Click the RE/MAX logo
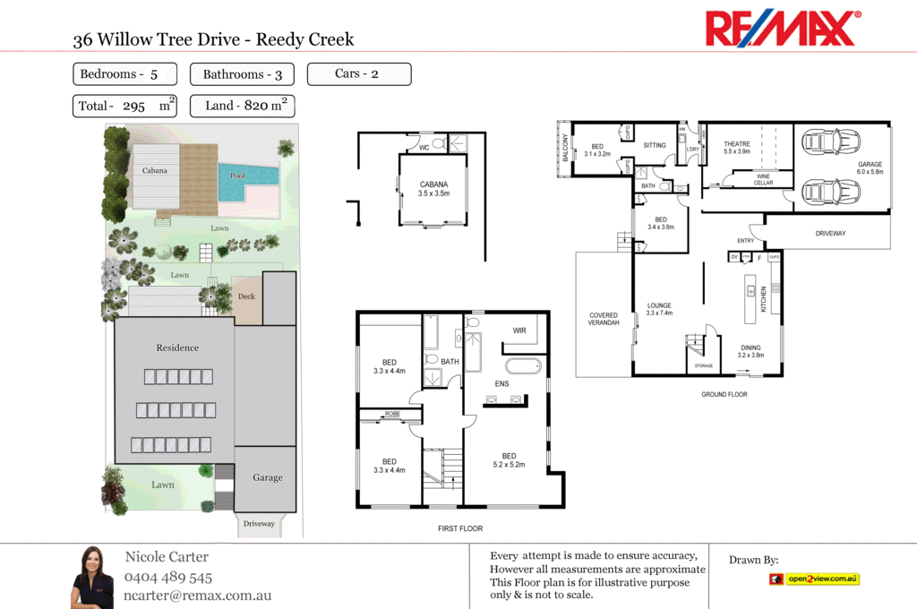[x=783, y=29]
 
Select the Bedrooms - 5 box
[x=124, y=74]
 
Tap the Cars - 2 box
[x=358, y=73]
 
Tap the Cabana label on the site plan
[x=155, y=170]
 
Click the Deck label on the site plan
[x=246, y=296]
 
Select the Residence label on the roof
[x=177, y=347]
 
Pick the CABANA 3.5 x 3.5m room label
[x=433, y=189]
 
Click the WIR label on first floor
[x=519, y=331]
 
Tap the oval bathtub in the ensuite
[x=524, y=366]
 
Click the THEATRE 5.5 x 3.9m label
[x=737, y=148]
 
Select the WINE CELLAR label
[x=762, y=179]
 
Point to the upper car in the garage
[x=832, y=142]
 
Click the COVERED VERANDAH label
[x=604, y=319]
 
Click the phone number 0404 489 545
[x=168, y=578]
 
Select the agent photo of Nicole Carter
[x=92, y=577]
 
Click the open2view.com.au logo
[x=814, y=579]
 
